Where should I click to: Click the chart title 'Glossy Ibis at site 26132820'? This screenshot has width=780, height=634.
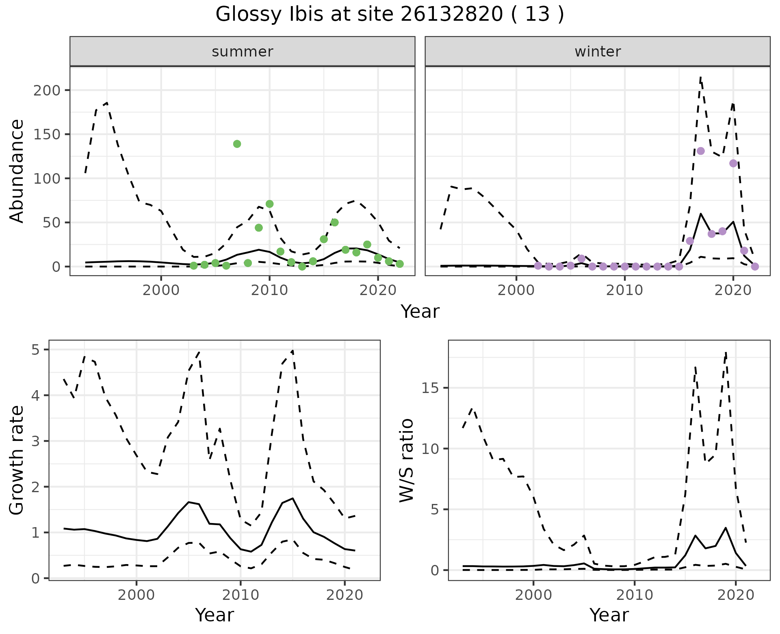tap(389, 15)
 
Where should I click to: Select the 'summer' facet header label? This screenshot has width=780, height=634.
tap(242, 52)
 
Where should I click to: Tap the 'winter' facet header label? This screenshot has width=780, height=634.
tap(597, 52)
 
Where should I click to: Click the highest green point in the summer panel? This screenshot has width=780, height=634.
tap(237, 144)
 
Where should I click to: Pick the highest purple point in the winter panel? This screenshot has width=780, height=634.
tap(700, 151)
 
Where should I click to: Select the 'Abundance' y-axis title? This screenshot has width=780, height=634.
tap(17, 171)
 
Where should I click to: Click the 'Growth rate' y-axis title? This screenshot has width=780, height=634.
tap(17, 460)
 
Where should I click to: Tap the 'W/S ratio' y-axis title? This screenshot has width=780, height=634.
tap(406, 460)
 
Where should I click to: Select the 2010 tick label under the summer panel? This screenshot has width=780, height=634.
tap(269, 291)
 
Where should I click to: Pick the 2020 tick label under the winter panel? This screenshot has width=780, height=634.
tap(733, 291)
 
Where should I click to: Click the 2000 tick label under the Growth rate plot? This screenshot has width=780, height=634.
tap(136, 595)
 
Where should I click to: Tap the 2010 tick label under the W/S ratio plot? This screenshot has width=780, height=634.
tap(635, 595)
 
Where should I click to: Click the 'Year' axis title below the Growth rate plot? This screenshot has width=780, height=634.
tap(214, 615)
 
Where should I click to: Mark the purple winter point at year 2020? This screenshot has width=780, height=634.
tap(733, 163)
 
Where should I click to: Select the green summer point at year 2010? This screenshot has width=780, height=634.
tap(269, 204)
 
